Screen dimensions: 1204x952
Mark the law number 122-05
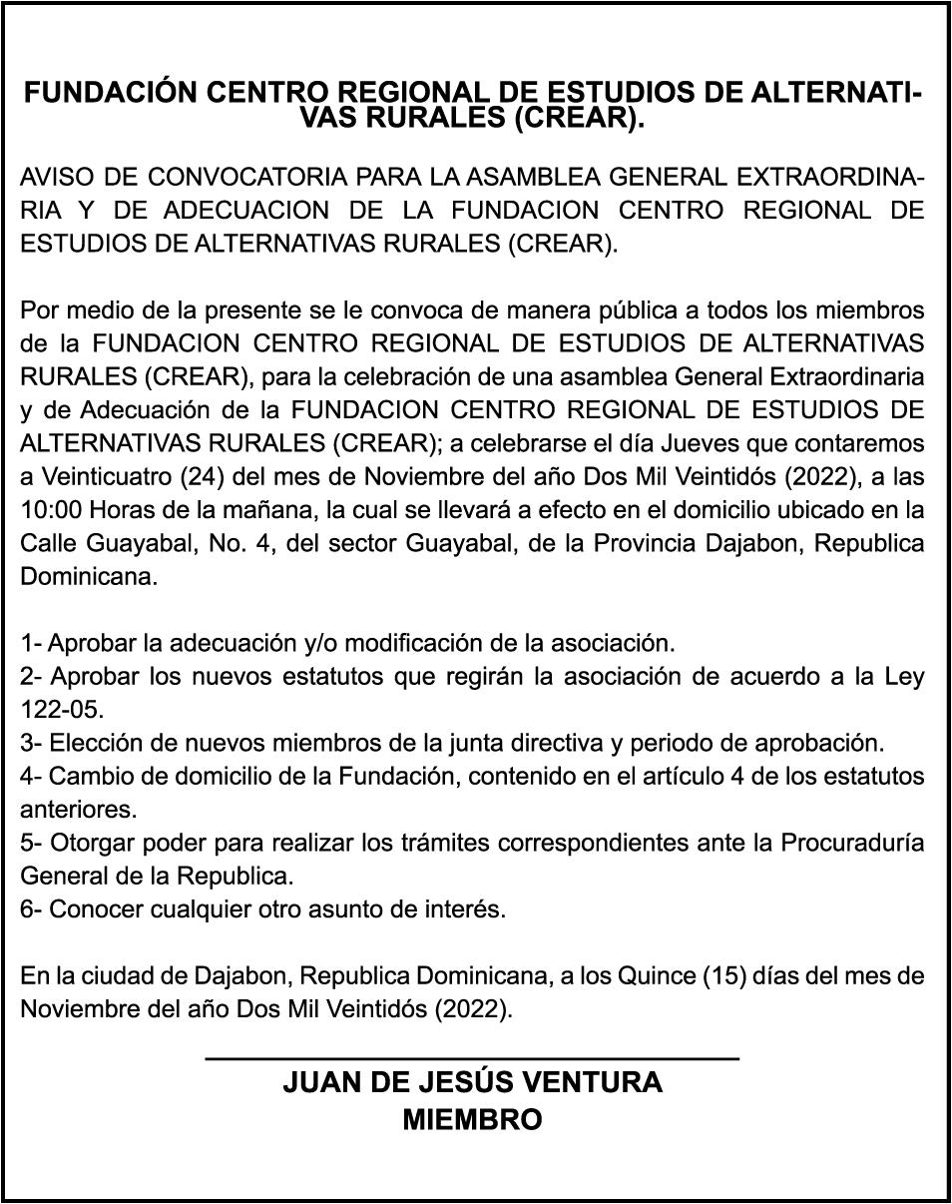62,710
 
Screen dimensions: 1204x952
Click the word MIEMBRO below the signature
472,1119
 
